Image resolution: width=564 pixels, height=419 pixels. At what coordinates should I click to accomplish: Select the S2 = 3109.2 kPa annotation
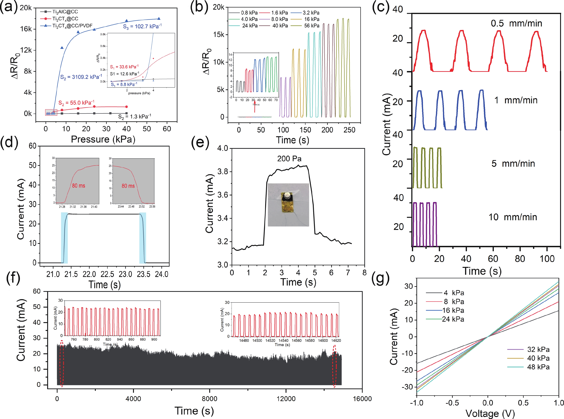(x=81, y=77)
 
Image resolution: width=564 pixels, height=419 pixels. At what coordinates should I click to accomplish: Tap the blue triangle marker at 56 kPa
(x=159, y=19)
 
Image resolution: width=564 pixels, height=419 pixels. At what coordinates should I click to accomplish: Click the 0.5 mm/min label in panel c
(x=516, y=23)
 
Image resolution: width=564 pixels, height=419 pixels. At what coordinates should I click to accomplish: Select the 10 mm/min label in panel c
(x=513, y=217)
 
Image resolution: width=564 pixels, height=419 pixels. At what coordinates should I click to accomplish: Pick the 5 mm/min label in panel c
(x=513, y=164)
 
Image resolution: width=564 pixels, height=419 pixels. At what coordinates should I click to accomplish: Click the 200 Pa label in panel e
(x=289, y=159)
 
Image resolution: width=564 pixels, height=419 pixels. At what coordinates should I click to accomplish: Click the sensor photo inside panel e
(x=288, y=205)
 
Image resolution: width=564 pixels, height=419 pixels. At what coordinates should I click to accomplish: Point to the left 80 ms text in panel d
(x=78, y=186)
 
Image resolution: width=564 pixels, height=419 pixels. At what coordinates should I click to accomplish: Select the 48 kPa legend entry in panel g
(x=538, y=367)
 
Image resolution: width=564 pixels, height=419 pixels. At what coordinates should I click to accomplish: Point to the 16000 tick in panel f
(x=362, y=399)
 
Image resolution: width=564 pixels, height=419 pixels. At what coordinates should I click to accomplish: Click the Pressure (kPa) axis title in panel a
(x=103, y=139)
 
